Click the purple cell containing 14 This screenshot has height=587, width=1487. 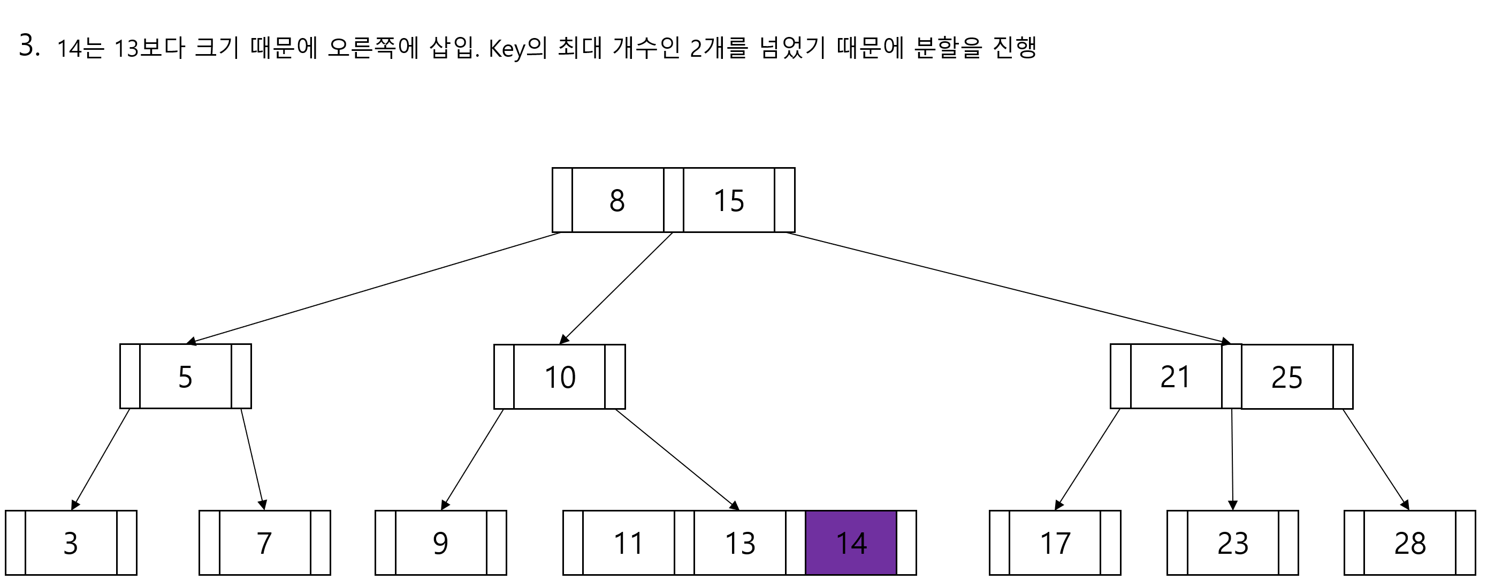[851, 543]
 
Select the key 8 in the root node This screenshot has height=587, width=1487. [617, 200]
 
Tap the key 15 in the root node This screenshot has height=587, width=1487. [728, 200]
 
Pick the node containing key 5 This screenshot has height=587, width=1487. [185, 377]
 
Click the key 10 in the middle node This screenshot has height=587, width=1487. [559, 377]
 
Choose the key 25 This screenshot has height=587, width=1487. [1287, 377]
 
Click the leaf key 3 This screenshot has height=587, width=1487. [71, 543]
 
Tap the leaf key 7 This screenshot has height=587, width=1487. [264, 543]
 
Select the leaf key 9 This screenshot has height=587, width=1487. [440, 543]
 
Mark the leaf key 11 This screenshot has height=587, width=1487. [628, 543]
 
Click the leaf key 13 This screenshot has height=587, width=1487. [740, 543]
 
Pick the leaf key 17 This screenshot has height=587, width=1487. [1055, 543]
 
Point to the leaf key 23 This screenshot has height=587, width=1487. [1232, 543]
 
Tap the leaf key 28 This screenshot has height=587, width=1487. [1409, 543]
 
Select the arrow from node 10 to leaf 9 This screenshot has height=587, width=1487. [472, 460]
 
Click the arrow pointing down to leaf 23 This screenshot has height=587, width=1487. [1232, 460]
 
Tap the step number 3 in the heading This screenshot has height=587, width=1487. [27, 45]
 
